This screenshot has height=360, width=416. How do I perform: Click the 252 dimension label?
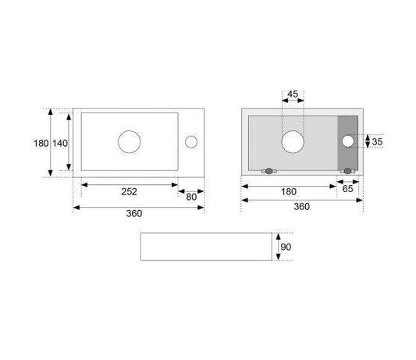click(130, 191)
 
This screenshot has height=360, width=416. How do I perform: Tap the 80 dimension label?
click(191, 197)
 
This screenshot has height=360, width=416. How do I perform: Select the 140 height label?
click(59, 144)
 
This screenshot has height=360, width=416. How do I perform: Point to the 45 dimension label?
click(293, 94)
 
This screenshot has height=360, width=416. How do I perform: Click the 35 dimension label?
click(377, 142)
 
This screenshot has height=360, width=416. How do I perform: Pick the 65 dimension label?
click(348, 189)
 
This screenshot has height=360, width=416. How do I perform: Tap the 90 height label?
click(286, 248)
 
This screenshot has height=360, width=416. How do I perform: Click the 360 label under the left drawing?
click(134, 213)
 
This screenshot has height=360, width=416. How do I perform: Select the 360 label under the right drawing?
click(302, 206)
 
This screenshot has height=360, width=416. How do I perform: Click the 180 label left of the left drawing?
click(41, 144)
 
